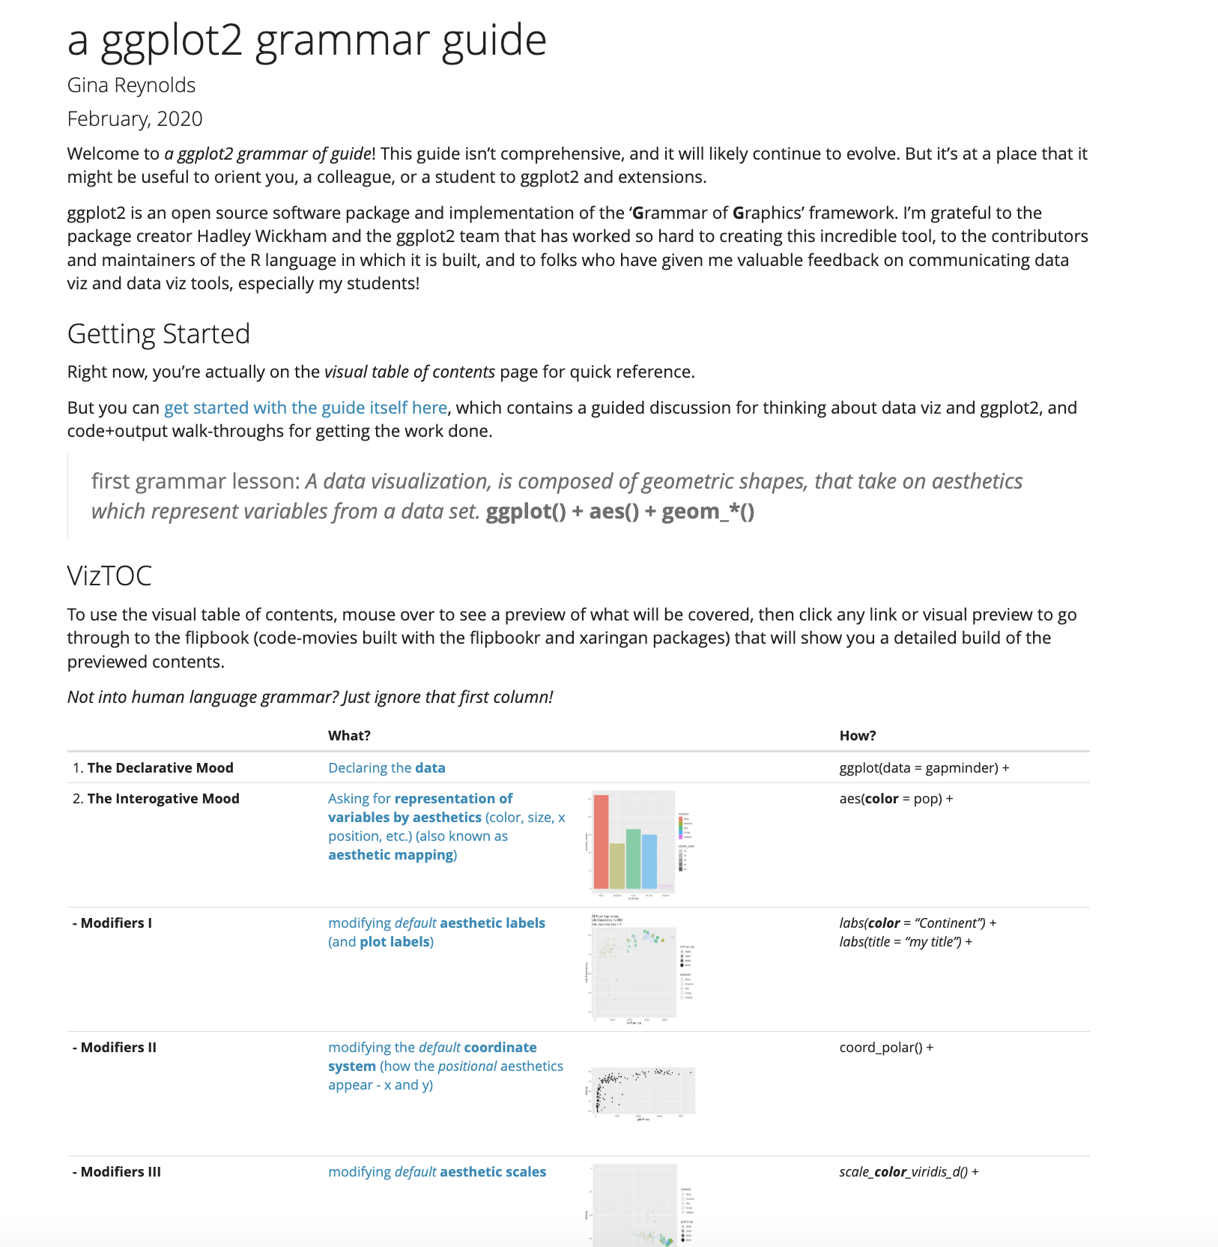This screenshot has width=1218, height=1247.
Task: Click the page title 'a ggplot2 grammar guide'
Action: pyautogui.click(x=306, y=40)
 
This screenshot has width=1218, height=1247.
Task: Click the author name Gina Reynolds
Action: pyautogui.click(x=131, y=85)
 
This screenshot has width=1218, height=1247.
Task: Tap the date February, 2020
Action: pyautogui.click(x=135, y=119)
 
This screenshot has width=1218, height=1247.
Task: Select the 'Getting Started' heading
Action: pyautogui.click(x=158, y=334)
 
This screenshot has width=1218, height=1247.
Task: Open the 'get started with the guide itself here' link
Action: pyautogui.click(x=305, y=408)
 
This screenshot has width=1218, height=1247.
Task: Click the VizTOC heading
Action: pyautogui.click(x=109, y=576)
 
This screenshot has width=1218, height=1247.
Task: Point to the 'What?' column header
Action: pyautogui.click(x=349, y=736)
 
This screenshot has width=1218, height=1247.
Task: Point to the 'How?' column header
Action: pyautogui.click(x=857, y=736)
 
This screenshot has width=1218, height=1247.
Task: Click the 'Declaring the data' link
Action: pyautogui.click(x=387, y=768)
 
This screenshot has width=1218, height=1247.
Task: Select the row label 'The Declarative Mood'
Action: pyautogui.click(x=160, y=768)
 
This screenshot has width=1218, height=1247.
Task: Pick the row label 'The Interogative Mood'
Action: pyautogui.click(x=163, y=799)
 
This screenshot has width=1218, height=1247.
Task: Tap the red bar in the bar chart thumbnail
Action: pyautogui.click(x=601, y=841)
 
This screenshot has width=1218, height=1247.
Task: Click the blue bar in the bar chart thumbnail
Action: pyautogui.click(x=649, y=861)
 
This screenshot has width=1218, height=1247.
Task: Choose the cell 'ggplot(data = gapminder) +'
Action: pyautogui.click(x=924, y=768)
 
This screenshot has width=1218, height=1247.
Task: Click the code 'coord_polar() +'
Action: pyautogui.click(x=886, y=1048)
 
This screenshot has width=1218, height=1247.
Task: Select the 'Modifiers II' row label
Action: pyautogui.click(x=118, y=1048)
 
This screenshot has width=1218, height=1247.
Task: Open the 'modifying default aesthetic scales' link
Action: pyautogui.click(x=437, y=1172)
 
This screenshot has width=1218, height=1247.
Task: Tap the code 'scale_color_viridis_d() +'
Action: pyautogui.click(x=909, y=1172)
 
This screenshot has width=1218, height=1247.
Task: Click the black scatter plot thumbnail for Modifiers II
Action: pyautogui.click(x=642, y=1091)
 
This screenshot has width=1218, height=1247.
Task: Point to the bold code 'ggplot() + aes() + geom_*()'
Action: pyautogui.click(x=619, y=512)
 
